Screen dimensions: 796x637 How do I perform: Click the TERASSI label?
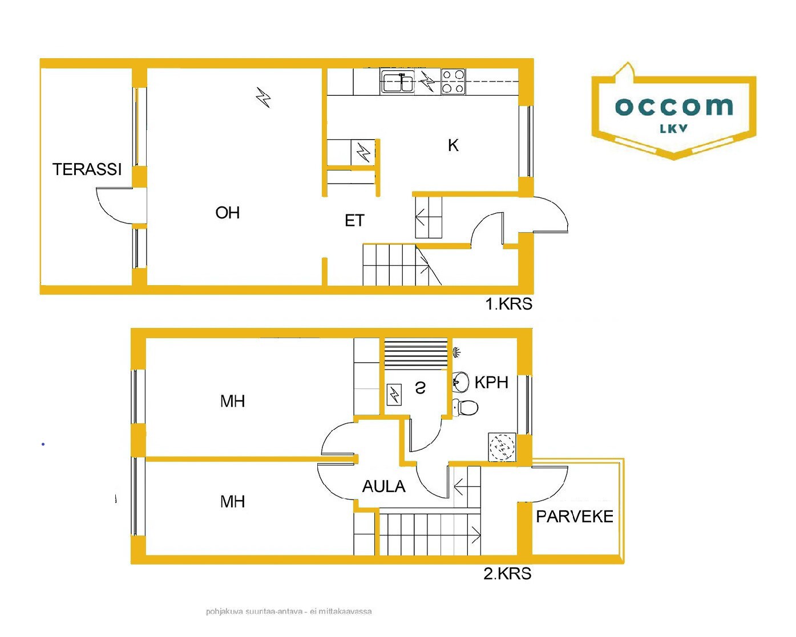[87, 169]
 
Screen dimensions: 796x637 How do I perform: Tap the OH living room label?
[228, 213]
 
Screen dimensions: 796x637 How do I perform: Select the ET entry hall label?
[354, 221]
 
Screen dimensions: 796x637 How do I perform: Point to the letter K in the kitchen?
[453, 145]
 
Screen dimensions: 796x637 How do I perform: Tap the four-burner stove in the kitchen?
[453, 82]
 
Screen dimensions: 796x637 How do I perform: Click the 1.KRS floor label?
[508, 304]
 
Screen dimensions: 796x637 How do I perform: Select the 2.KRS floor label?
[507, 573]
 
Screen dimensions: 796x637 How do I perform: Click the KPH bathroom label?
[491, 382]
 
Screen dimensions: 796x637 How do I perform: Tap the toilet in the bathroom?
[465, 407]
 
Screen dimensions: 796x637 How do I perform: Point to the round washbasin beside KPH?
[460, 382]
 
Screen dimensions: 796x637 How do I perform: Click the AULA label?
[383, 486]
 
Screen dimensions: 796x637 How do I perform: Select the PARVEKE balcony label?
[575, 517]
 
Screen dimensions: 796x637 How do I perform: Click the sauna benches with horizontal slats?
[416, 354]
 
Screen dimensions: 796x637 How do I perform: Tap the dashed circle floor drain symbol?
[502, 447]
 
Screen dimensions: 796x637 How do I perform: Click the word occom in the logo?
[674, 107]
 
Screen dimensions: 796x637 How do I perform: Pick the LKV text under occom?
[673, 128]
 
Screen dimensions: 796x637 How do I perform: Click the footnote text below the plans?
[289, 611]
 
